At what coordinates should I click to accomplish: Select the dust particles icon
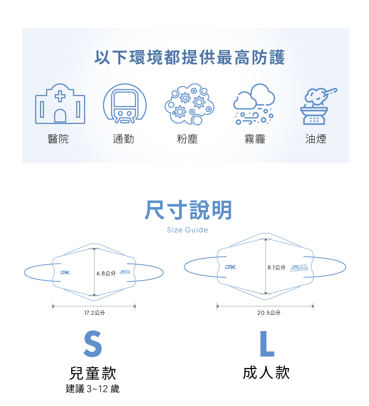coord(189,104)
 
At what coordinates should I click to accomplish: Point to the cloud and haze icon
coord(254,104)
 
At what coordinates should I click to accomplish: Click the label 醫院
coord(58,139)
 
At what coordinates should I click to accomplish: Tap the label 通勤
coord(123,139)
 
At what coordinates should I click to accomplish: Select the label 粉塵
coord(187,139)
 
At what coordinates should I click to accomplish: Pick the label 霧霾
coord(255,139)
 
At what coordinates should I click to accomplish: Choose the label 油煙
coord(316,139)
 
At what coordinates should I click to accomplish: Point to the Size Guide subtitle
coord(187,230)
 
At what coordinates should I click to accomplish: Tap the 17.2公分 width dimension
coord(94,313)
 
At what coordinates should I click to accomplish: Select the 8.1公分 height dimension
coord(276,267)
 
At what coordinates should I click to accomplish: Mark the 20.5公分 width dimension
coord(269,313)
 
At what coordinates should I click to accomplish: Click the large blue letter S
coord(93,344)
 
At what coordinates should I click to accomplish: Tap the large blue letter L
coord(267,344)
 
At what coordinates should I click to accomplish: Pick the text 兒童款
coord(93,374)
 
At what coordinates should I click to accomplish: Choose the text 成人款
coord(266,373)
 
